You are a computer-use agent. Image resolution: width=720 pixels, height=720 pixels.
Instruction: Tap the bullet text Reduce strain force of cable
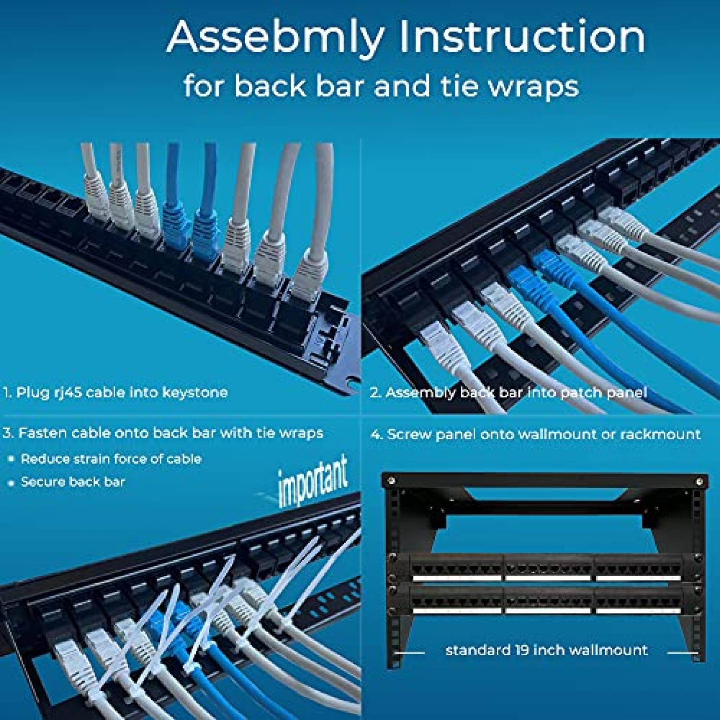point(111,459)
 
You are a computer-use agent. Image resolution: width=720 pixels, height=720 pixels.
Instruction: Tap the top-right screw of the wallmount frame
point(699,481)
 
